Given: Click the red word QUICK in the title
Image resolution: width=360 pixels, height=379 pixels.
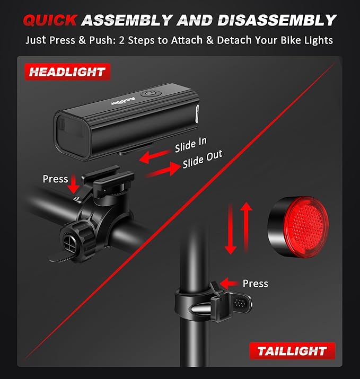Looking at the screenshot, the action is pyautogui.click(x=50, y=20).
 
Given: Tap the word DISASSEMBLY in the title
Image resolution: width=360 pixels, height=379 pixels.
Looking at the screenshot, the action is pyautogui.click(x=277, y=20).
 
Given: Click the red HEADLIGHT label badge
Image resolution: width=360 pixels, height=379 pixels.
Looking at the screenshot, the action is pyautogui.click(x=67, y=72).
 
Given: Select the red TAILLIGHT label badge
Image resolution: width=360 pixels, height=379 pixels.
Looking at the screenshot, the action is pyautogui.click(x=292, y=351).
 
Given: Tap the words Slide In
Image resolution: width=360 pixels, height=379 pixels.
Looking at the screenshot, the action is pyautogui.click(x=191, y=145).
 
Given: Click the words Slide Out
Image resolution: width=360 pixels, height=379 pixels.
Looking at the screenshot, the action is pyautogui.click(x=203, y=160).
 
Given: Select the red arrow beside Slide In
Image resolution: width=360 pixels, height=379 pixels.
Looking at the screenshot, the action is pyautogui.click(x=155, y=156).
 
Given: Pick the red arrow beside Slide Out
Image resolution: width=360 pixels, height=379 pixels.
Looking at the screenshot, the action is pyautogui.click(x=163, y=170).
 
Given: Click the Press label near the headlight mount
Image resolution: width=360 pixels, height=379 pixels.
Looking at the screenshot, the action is pyautogui.click(x=55, y=179).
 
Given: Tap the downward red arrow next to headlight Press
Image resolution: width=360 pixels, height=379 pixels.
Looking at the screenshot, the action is pyautogui.click(x=74, y=184).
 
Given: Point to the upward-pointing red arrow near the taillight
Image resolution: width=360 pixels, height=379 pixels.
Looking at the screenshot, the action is pyautogui.click(x=247, y=227).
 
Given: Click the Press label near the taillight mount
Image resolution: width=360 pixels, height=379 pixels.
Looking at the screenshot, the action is pyautogui.click(x=256, y=284).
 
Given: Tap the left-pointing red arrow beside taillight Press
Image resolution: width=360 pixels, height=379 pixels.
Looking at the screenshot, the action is pyautogui.click(x=229, y=283).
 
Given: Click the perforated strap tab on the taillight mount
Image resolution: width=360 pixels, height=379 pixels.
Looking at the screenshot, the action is pyautogui.click(x=241, y=303).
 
